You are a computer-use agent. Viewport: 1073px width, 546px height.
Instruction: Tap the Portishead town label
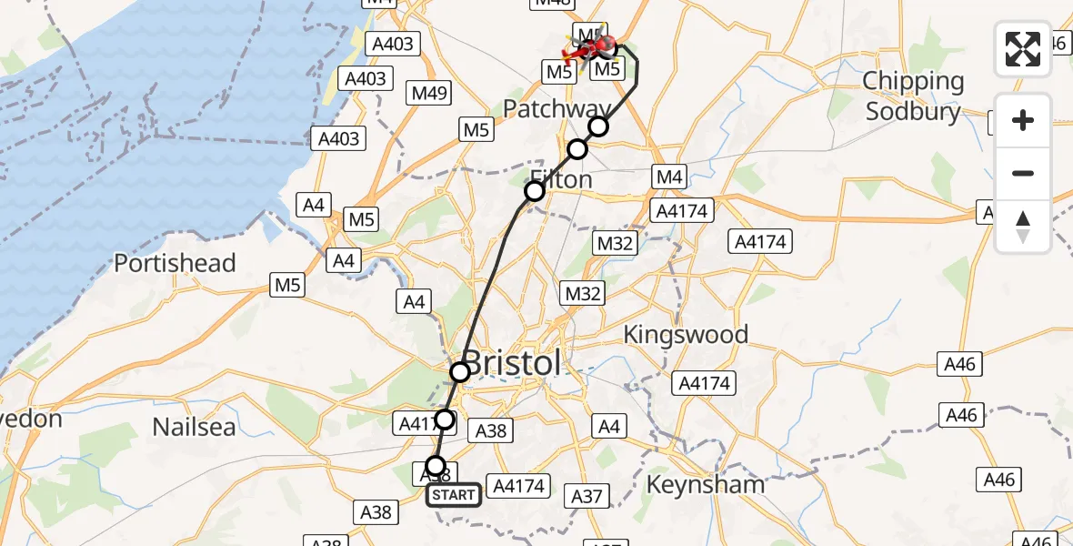coord(175,264)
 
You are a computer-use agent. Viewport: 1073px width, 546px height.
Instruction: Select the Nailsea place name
coord(194,426)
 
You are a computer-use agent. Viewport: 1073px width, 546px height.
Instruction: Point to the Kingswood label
coord(686,335)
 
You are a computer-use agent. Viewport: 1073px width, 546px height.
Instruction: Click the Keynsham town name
coord(705,484)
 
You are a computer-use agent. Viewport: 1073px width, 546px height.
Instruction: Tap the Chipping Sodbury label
coord(913,96)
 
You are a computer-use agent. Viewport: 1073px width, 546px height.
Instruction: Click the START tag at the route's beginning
coord(454,494)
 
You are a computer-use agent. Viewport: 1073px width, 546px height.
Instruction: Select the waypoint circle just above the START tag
coord(436,466)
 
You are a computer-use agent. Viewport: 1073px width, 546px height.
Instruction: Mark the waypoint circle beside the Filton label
coord(535,191)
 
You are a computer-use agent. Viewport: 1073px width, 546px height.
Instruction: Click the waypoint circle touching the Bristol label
coord(460,371)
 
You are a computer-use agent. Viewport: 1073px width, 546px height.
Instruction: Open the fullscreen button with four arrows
coord(1023,49)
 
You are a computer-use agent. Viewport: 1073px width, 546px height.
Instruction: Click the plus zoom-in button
coord(1023,120)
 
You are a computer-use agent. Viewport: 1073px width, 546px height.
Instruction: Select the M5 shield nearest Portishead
coord(286,285)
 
